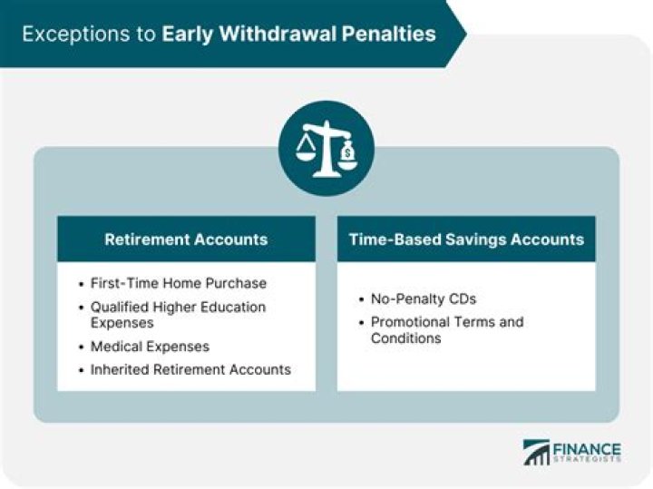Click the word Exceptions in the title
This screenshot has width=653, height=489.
(x=69, y=34)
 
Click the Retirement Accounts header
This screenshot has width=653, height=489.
(x=186, y=240)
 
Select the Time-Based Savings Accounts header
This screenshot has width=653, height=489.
(x=466, y=240)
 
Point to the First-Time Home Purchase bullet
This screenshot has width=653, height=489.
(x=179, y=283)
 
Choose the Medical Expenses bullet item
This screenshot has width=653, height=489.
(x=150, y=347)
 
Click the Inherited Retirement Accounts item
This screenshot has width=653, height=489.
(x=190, y=369)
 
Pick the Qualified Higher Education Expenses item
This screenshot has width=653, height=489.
(x=178, y=314)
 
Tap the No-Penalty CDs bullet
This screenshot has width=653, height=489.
(x=423, y=298)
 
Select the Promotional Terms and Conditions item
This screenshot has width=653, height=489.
(x=446, y=329)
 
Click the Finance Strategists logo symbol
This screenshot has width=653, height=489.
(x=535, y=453)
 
